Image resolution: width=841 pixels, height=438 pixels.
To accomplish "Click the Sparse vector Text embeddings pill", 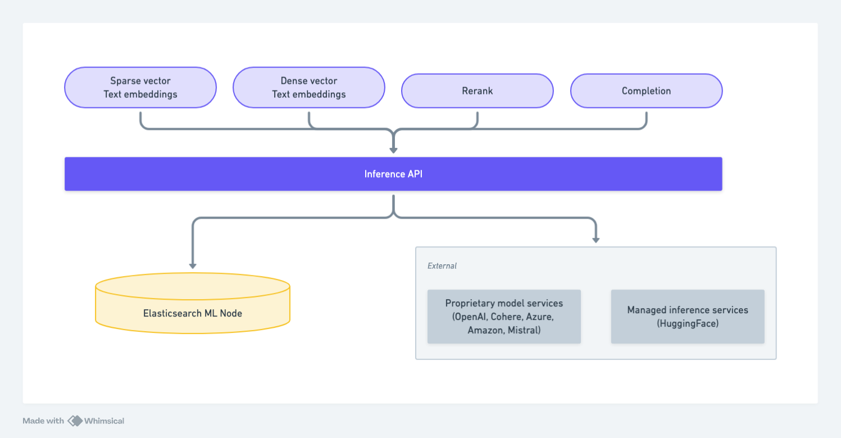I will pos(140,88).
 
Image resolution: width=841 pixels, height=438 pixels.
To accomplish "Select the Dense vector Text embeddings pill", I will pos(308,88).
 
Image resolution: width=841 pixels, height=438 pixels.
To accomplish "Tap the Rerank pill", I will pos(477,91).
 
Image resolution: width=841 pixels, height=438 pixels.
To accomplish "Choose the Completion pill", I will pos(646,91).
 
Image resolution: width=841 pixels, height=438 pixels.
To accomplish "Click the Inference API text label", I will pos(393,174).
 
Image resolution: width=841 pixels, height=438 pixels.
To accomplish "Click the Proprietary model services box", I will pos(504,317).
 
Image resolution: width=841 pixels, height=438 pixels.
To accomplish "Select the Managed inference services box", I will pos(688,317).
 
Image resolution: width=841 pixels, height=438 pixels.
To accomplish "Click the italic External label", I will pos(442,266).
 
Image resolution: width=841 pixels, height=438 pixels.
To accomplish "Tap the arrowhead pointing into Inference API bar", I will pos(393,150).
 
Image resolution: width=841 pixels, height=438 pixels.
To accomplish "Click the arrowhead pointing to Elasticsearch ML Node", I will pos(193,265).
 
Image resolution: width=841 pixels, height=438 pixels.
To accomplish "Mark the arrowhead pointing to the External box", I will pos(596,240).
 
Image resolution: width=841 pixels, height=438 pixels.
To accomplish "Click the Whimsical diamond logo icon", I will pos(75,421).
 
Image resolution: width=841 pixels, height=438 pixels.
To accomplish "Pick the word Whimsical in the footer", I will pos(104,421).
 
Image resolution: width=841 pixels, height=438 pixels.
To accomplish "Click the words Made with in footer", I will pos(43,421).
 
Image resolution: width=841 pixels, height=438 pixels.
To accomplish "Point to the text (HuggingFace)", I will pos(688,324).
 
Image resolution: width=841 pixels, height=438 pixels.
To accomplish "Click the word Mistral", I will pos(524,331).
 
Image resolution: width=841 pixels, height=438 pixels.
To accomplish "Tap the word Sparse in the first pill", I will pos(125,81).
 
